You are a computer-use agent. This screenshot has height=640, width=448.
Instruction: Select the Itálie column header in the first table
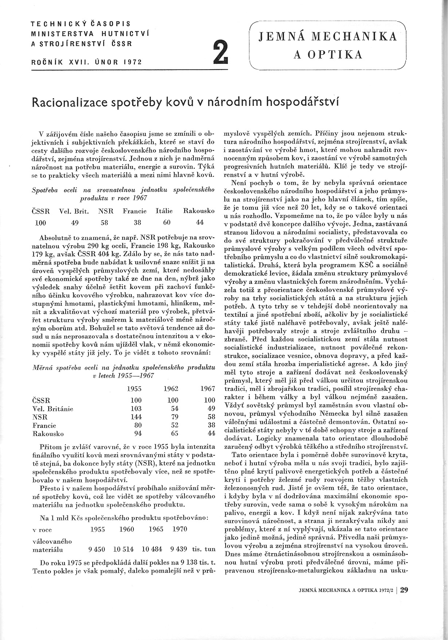(x=164, y=211)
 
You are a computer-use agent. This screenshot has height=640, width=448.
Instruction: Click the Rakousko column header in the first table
(x=199, y=211)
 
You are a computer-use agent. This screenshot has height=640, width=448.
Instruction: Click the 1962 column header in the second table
(x=171, y=389)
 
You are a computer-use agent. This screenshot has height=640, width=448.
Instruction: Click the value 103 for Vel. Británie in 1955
(x=136, y=409)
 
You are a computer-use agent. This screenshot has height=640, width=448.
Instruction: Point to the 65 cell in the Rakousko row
(x=174, y=434)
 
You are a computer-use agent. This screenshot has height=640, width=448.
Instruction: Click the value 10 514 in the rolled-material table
(x=124, y=549)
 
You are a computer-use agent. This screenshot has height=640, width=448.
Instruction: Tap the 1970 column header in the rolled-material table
(x=179, y=529)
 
